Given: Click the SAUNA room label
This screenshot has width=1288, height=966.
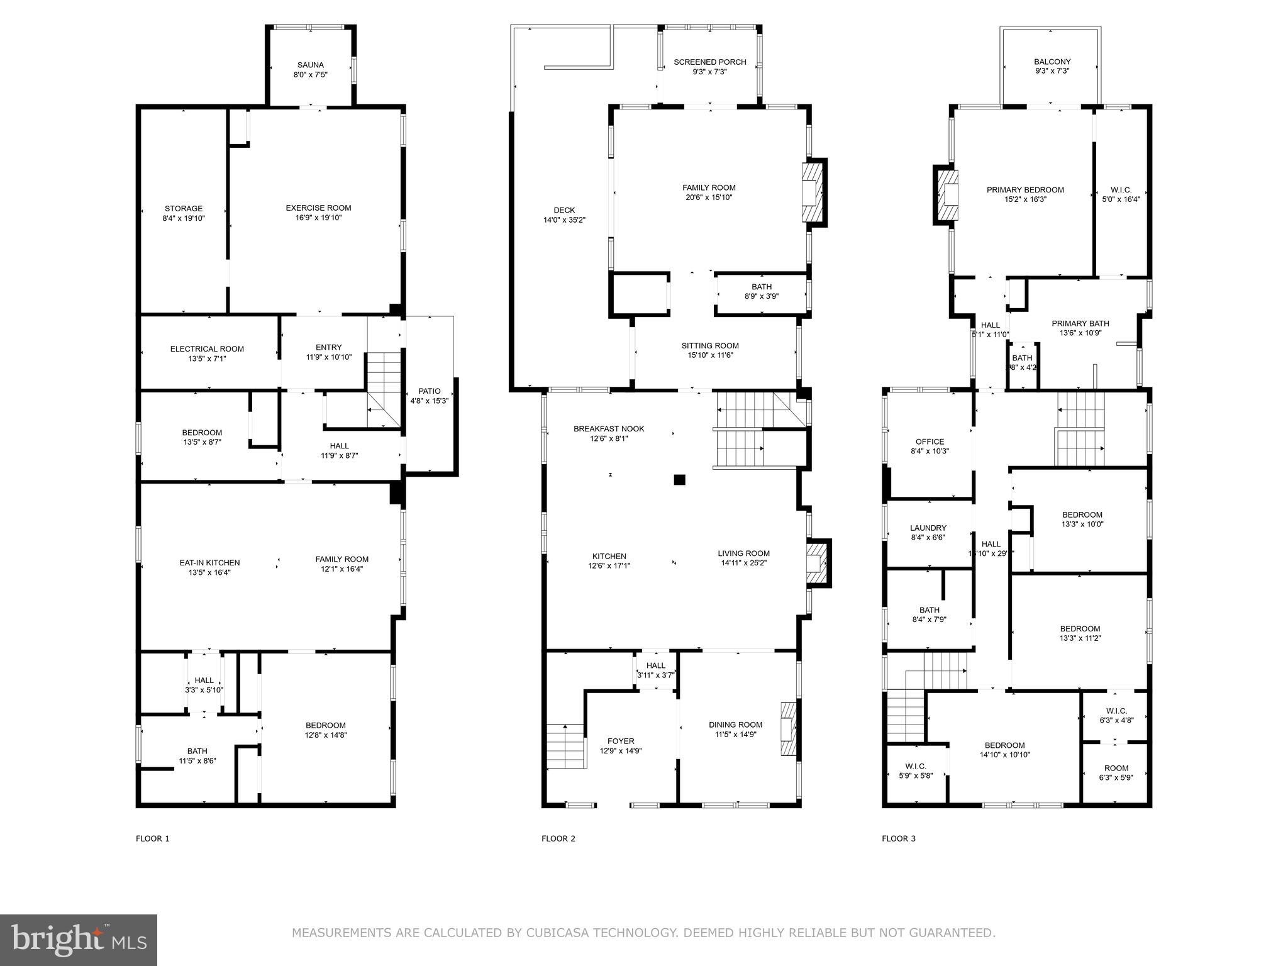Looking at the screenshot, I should point(310,65).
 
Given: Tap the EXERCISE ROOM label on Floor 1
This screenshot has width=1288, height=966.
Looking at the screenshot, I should point(318,208).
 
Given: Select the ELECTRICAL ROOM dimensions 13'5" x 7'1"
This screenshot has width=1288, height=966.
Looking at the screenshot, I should point(207,359).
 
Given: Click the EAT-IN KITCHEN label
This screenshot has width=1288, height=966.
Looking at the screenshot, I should point(209,563).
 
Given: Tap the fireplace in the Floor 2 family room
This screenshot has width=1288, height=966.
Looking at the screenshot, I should point(813,192).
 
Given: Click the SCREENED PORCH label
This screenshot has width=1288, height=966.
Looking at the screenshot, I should point(709,62).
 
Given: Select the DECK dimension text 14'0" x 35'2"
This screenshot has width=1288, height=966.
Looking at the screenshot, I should point(564,220).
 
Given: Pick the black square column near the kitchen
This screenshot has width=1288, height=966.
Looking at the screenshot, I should point(679,480).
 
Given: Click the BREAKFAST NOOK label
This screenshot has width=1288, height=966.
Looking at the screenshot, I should point(609,429).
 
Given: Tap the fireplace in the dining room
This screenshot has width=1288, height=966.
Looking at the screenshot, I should point(788,729).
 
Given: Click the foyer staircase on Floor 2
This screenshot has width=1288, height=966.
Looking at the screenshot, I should point(566,747).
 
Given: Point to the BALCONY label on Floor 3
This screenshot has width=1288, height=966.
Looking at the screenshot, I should point(1052,62).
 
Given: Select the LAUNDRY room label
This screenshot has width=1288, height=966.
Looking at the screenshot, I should point(928,528).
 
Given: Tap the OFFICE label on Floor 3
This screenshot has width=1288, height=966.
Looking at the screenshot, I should point(930,441).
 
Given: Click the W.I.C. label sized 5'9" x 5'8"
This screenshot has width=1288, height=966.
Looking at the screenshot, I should point(915,766).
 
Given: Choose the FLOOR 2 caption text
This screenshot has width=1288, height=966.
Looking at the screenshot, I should point(558,838).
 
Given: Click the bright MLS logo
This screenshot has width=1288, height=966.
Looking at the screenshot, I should point(79,940).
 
